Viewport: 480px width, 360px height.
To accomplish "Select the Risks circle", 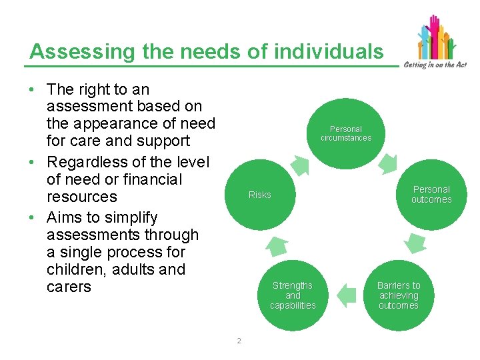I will pos(259,195).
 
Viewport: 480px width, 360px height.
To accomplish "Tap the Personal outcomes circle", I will pos(431,194).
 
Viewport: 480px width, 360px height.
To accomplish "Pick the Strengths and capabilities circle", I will pos(293,295).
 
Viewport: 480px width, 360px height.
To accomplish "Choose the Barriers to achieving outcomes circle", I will pos(399,295).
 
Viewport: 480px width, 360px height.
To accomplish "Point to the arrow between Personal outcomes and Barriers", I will pos(417,244).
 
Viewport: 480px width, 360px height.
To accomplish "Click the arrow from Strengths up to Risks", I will pos(275,247).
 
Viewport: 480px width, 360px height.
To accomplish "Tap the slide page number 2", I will pos(239,341).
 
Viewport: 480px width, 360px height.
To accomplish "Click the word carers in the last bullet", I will pos(69,287).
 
